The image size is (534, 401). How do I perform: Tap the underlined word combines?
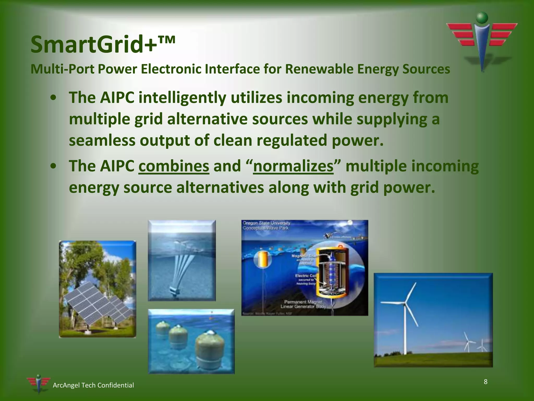[x=174, y=166]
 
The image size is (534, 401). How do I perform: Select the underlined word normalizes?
[x=293, y=166]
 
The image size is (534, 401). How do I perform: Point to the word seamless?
[x=102, y=140]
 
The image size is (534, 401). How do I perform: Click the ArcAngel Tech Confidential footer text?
[x=93, y=385]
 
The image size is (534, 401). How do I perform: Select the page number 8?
[x=485, y=382]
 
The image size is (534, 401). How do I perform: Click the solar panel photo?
[x=97, y=289]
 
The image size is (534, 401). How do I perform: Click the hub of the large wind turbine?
[x=405, y=304]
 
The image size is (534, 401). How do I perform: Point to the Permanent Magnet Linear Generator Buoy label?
[x=303, y=304]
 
